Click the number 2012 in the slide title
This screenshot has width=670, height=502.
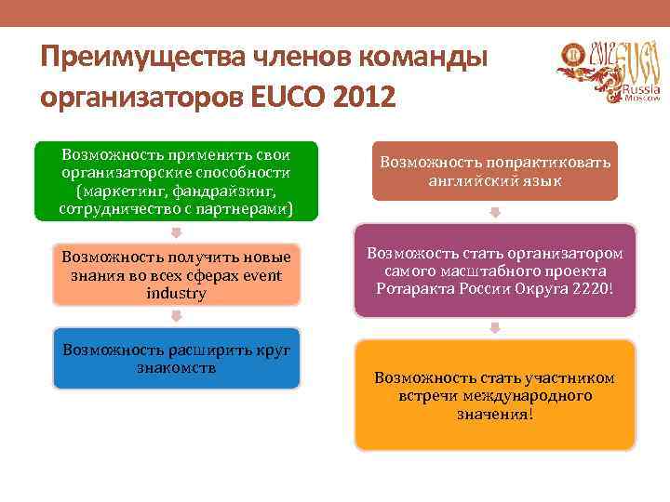pos(365,96)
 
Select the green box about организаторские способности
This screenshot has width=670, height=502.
pos(176,182)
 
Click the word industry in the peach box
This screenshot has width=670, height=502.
pos(176,294)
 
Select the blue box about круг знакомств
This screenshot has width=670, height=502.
pos(176,358)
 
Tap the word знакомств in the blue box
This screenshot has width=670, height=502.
pos(176,367)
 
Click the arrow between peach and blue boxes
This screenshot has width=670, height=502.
pos(176,317)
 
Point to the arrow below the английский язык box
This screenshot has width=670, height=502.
pos(495,212)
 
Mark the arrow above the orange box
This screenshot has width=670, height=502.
pos(495,328)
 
